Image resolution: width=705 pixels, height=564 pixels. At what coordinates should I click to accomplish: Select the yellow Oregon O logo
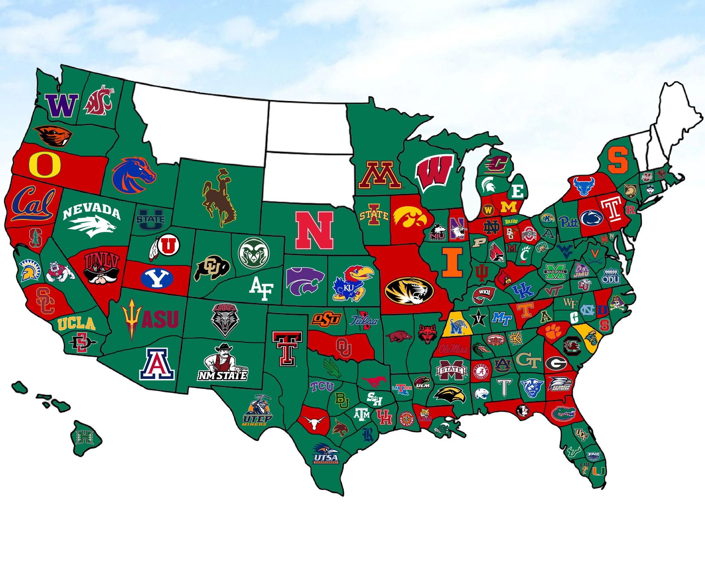pos(45,164)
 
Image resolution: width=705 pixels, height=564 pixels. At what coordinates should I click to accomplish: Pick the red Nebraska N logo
pos(314,230)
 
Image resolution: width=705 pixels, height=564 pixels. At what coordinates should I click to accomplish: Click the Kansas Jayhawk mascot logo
pos(351,283)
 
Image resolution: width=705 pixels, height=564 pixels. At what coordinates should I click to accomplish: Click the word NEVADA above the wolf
pos(92,211)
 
